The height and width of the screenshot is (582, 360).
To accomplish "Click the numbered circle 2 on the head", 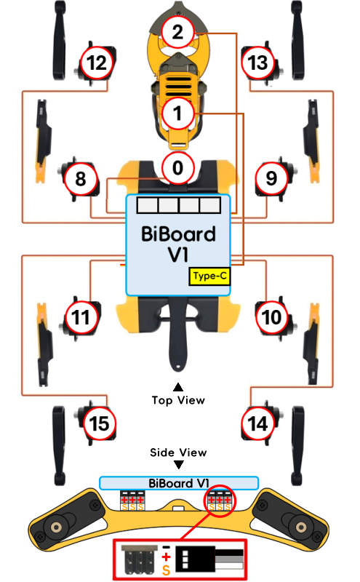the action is [x=177, y=32].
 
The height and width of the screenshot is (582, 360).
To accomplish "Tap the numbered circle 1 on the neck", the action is [x=177, y=113].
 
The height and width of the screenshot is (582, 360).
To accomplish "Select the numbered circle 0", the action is [x=177, y=168].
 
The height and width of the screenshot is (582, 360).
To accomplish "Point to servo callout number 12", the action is [x=97, y=63].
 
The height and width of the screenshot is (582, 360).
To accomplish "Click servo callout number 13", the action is [x=258, y=63].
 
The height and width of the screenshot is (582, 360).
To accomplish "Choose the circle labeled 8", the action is [x=81, y=179].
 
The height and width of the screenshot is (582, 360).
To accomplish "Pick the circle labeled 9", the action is [x=272, y=179].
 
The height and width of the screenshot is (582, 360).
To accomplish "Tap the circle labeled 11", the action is [x=81, y=318].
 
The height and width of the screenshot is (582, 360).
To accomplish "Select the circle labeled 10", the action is [x=272, y=318].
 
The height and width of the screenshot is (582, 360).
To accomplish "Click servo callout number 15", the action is [x=99, y=423].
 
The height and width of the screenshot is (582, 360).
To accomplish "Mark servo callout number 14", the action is [x=258, y=423].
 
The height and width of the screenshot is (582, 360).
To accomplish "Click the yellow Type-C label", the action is [x=209, y=276].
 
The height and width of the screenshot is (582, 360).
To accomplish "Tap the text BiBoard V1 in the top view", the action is [x=178, y=244].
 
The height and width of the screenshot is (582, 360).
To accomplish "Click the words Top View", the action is [x=178, y=400].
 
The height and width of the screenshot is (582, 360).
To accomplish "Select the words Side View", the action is [x=178, y=453].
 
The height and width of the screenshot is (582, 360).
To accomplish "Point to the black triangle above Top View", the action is [x=178, y=388].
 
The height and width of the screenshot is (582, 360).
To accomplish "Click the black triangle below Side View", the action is [x=179, y=465].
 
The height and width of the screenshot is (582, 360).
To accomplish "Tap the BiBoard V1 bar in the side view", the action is [x=179, y=483].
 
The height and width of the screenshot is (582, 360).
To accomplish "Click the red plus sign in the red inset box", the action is [x=166, y=557].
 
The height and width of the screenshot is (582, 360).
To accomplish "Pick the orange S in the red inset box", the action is [x=166, y=570].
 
